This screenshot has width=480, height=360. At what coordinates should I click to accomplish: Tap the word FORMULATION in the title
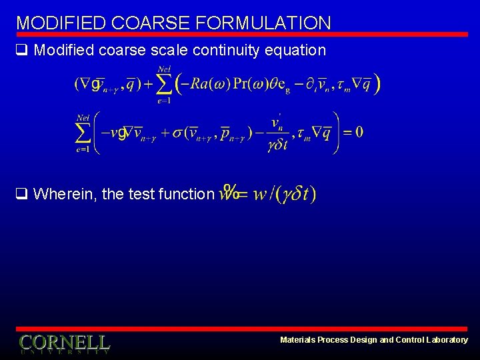(x=263, y=23)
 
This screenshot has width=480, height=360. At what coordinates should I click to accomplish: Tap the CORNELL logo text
(x=65, y=343)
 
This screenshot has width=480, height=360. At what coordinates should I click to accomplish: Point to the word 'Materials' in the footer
(x=297, y=340)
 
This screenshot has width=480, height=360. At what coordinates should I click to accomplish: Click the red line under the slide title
(x=240, y=34)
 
